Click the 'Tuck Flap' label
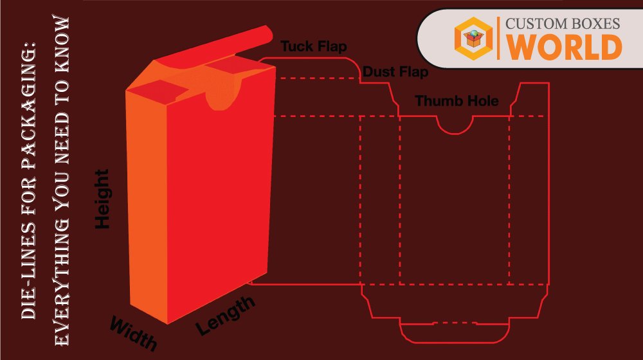point(314,47)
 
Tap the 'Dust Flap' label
point(395,72)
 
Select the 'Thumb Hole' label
point(457,101)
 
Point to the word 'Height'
point(103,199)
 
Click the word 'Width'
point(133,332)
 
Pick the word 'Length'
point(225,315)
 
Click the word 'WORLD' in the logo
point(564,48)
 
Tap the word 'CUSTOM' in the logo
point(532,24)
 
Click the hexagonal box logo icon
point(473,38)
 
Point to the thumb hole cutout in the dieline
point(455,123)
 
